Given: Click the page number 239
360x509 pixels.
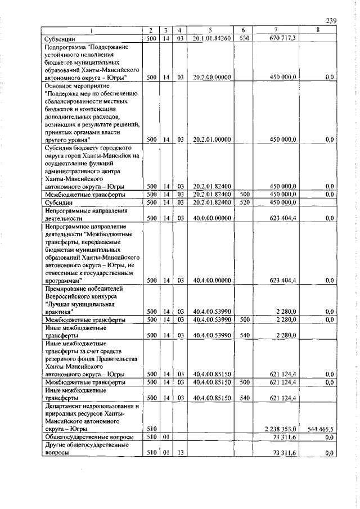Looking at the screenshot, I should [331, 21].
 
